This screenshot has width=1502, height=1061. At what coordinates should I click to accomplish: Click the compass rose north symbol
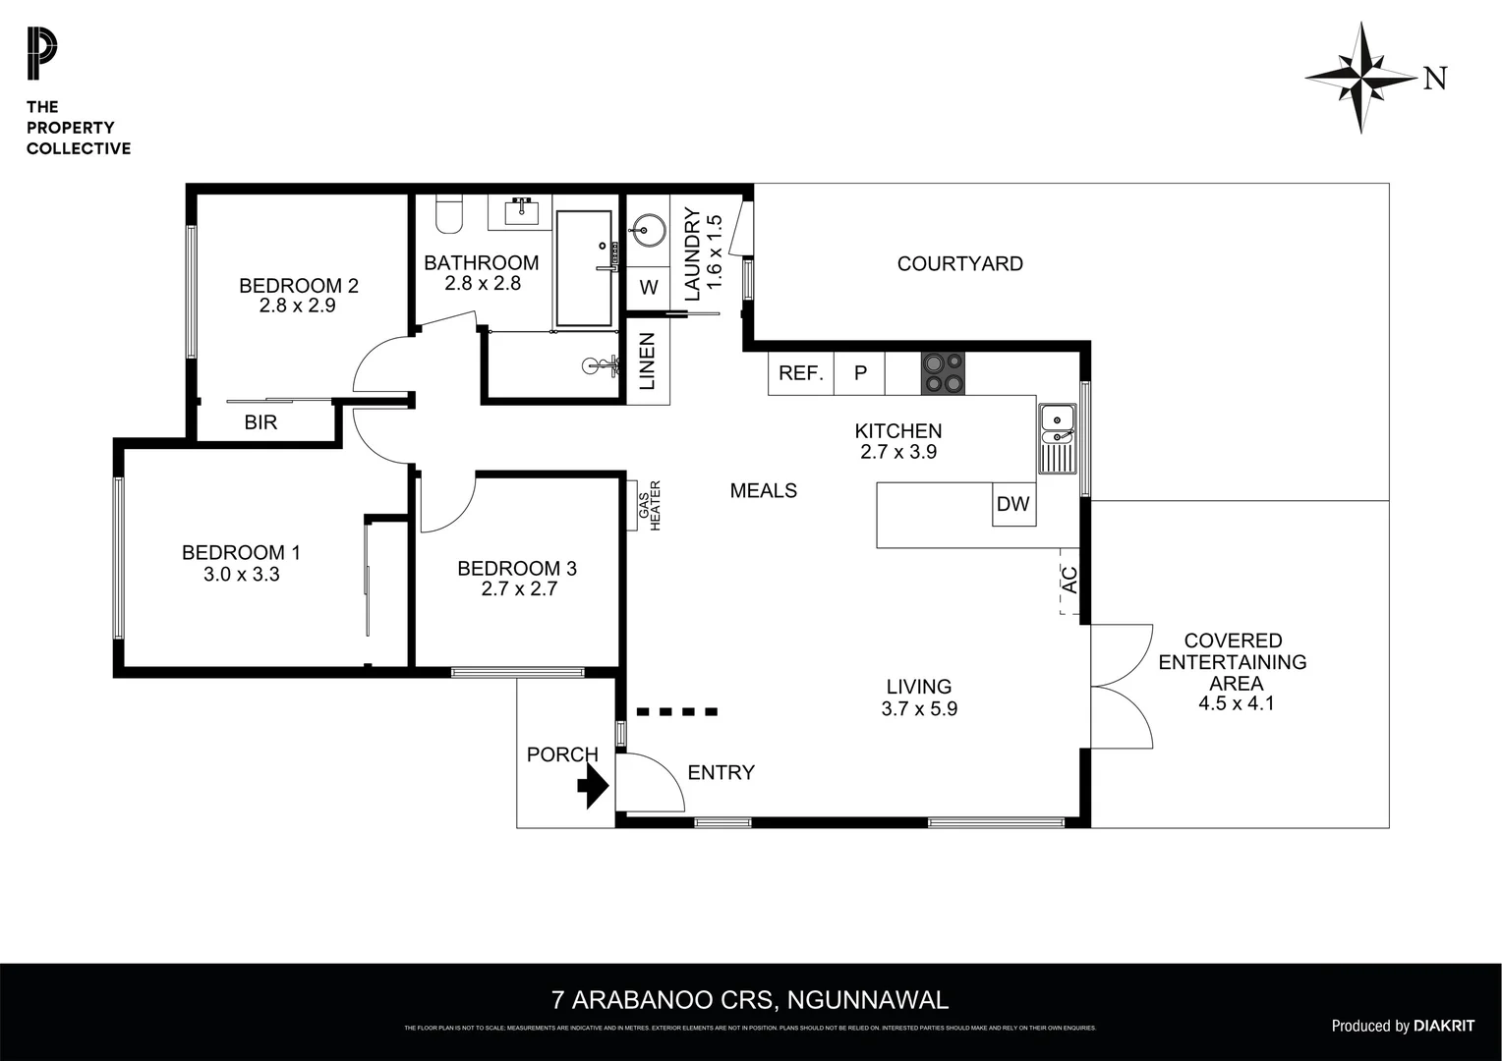pos(1362,78)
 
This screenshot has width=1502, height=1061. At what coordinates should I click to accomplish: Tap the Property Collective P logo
pos(41,55)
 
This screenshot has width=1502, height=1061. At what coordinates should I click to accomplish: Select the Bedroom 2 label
pos(298,286)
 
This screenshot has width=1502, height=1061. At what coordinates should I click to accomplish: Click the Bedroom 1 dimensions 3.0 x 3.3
pos(241,575)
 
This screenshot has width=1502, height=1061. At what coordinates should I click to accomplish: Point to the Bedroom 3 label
pos(516,568)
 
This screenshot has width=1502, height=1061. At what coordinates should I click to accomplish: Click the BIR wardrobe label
pos(260,422)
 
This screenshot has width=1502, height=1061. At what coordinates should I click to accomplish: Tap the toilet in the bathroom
pos(449,215)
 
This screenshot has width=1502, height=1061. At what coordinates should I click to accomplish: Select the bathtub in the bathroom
pos(584,268)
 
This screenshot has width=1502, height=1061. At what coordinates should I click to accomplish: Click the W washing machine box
pos(648,288)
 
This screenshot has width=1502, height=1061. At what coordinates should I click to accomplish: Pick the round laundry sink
pos(647,232)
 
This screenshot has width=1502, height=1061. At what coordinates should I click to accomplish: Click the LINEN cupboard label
pos(648,361)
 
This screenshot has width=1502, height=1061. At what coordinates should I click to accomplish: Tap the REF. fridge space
pos(800,373)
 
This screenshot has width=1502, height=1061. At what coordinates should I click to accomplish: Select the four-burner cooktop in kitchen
pos(943,373)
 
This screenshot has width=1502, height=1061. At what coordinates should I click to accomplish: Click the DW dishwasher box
pos(1012,504)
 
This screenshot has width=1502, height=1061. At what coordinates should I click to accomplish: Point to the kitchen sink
pos(1057,438)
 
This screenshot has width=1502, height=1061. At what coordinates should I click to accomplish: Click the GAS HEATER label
pos(649,505)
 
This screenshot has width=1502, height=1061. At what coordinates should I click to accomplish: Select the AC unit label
pos(1070,580)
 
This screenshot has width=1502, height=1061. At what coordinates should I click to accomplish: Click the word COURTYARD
pos(959,263)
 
